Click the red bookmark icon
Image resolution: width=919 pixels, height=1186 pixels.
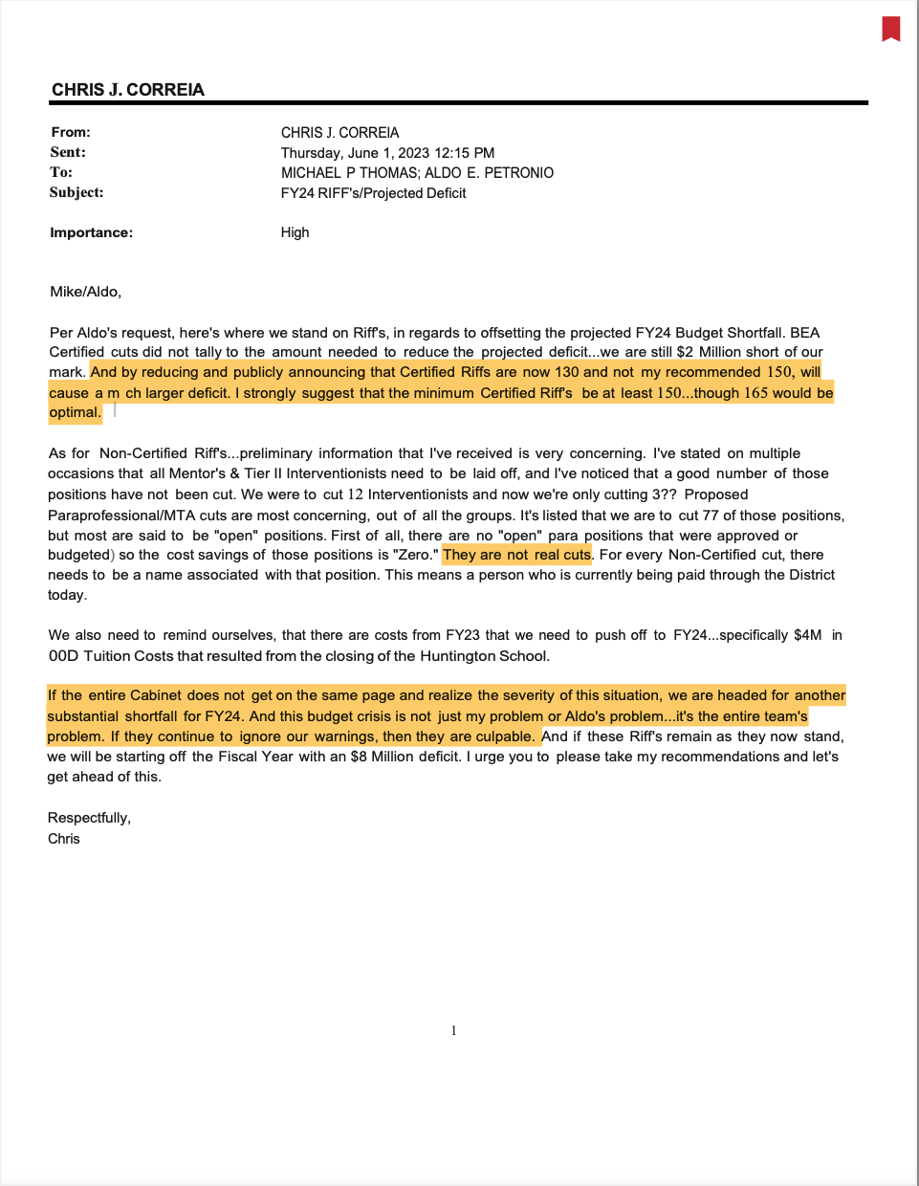click(890, 29)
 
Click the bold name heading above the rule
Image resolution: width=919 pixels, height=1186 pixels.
click(128, 90)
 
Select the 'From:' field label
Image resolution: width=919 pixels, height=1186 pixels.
click(71, 132)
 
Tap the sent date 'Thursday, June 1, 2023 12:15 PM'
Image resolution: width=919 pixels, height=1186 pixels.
click(387, 153)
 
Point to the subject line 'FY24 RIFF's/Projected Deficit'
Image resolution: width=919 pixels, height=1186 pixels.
click(373, 193)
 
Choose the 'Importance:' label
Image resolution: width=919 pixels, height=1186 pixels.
click(91, 232)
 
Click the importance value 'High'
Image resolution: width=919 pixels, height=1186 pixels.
click(295, 232)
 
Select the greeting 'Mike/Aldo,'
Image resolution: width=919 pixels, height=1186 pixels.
click(85, 292)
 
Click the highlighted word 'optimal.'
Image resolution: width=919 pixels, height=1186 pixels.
click(75, 413)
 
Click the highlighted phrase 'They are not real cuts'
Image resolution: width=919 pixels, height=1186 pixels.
click(516, 555)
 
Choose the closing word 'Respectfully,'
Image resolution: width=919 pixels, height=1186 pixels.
click(89, 818)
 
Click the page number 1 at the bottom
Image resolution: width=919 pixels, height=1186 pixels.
click(453, 1030)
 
